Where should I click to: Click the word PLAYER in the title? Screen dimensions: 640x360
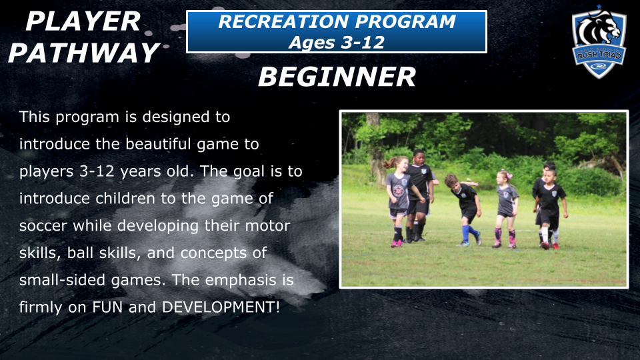click(x=83, y=21)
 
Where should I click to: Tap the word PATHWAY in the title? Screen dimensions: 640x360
click(x=84, y=53)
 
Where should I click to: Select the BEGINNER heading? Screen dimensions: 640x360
click(x=337, y=77)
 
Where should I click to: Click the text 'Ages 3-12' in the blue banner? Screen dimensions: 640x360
click(x=337, y=43)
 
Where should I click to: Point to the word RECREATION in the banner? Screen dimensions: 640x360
click(x=283, y=21)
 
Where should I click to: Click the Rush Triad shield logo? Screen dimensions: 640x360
click(x=599, y=43)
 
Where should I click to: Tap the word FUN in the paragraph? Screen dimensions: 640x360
click(x=107, y=307)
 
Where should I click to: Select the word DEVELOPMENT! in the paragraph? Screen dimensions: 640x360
click(x=221, y=307)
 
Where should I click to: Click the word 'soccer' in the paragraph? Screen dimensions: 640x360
click(x=43, y=226)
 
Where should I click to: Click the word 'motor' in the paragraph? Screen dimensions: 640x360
click(x=268, y=226)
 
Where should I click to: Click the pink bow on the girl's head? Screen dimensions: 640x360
click(x=507, y=174)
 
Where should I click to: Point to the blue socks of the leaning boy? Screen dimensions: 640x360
click(x=469, y=233)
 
